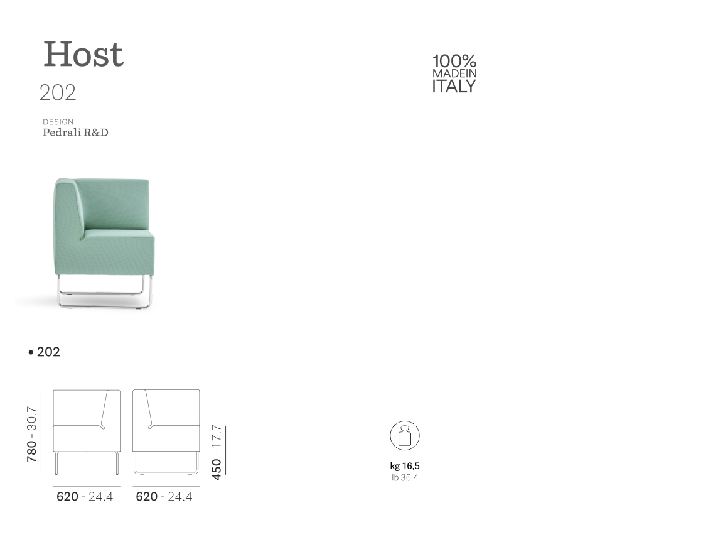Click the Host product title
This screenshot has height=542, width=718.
pos(83,55)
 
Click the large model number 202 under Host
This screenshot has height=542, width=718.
pos(58,93)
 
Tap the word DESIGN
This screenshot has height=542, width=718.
pos(58,122)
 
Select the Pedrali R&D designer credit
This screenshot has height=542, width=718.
pos(75,133)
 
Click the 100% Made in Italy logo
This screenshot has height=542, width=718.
pos(454,73)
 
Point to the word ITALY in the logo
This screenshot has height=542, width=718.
pos(454,87)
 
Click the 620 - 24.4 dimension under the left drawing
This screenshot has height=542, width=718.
pos(85,497)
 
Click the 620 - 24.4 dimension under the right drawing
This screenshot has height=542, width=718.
pos(164,497)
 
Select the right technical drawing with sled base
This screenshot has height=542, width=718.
pos(166,430)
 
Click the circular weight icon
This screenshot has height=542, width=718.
pos(405,436)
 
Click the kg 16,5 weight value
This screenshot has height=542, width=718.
pos(405,467)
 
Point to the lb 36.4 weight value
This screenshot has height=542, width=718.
pos(405,477)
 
